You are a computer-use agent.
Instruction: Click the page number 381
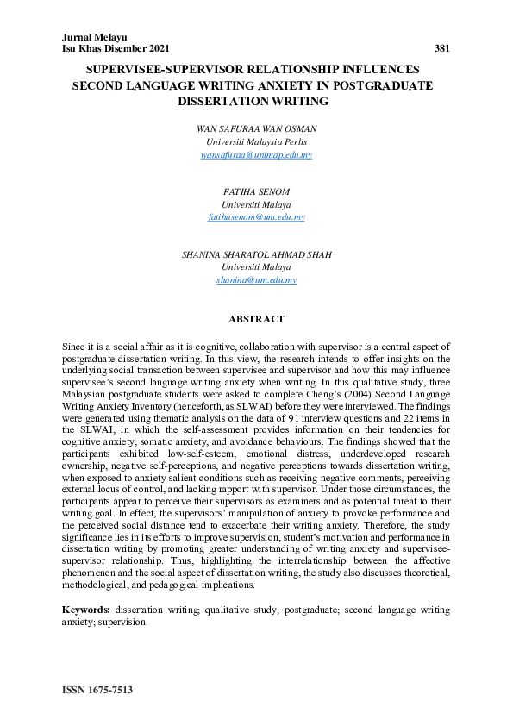[x=441, y=48]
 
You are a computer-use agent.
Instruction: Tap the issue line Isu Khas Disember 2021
[x=115, y=48]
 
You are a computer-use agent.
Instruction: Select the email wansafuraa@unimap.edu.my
[x=256, y=154]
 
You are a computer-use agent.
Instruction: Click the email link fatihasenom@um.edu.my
[x=256, y=217]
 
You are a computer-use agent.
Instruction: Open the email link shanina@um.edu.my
[x=256, y=280]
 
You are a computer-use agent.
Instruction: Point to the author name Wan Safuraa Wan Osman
[x=256, y=128]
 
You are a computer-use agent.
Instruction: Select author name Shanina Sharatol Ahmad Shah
[x=256, y=255]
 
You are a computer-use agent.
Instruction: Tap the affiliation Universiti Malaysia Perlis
[x=256, y=141]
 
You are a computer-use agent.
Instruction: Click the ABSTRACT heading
[x=256, y=320]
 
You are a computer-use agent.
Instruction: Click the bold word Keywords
[x=85, y=610]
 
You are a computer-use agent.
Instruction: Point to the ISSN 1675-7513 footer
[x=97, y=692]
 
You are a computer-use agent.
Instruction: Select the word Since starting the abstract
[x=75, y=345]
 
